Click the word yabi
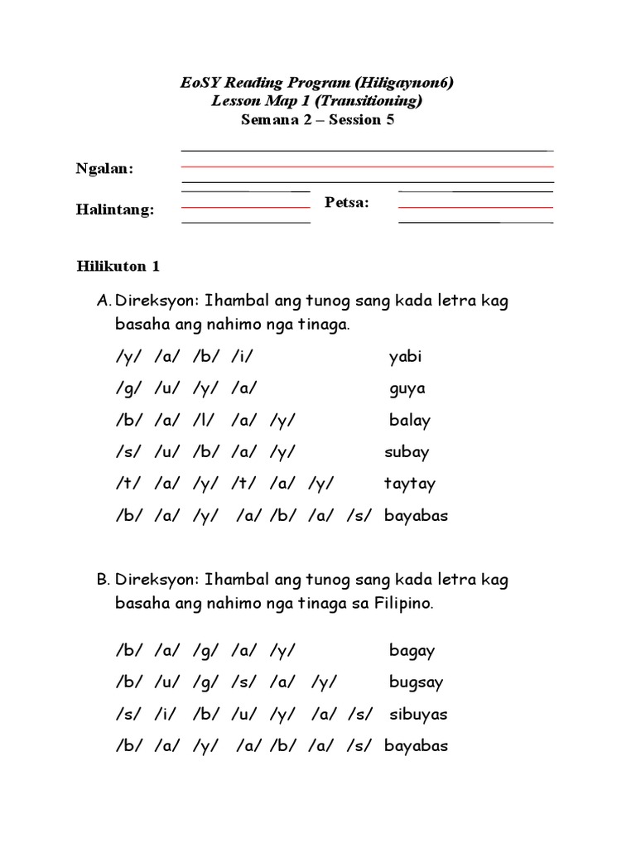click(405, 357)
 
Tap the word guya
click(407, 389)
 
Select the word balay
click(410, 421)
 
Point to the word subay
click(407, 452)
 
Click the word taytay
click(409, 484)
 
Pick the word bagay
click(412, 651)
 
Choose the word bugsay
click(416, 683)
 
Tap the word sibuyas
click(418, 714)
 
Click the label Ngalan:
click(105, 169)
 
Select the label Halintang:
click(115, 210)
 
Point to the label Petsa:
click(347, 202)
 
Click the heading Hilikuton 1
click(118, 266)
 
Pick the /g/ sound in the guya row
click(125, 389)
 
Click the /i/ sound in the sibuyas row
click(164, 714)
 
